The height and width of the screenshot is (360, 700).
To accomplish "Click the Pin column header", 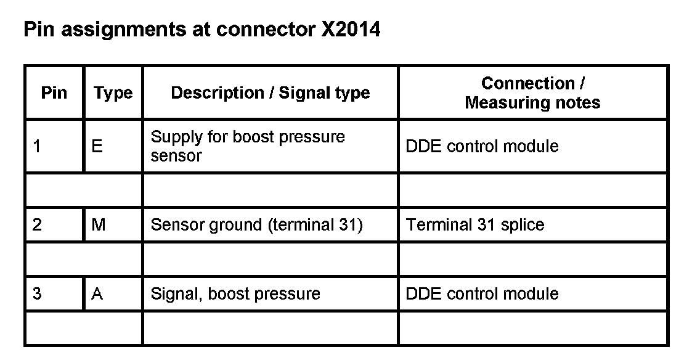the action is click(54, 93).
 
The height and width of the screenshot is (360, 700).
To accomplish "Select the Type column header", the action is click(113, 93).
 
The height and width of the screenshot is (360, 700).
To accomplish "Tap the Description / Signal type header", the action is click(271, 93).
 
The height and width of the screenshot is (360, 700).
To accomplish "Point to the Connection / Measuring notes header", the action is click(532, 93).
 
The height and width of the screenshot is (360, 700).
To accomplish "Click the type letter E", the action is click(97, 146).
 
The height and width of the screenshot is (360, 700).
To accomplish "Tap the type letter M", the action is click(98, 225).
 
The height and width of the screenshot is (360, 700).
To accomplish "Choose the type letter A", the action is click(97, 294).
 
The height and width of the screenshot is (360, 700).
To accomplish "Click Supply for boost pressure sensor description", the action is click(248, 146).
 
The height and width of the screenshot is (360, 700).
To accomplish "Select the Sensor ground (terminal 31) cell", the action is click(256, 225).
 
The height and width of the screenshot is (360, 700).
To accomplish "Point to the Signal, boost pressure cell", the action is click(235, 294).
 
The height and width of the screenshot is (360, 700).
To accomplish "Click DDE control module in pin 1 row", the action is click(482, 146).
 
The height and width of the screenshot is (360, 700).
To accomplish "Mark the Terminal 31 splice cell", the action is click(475, 225).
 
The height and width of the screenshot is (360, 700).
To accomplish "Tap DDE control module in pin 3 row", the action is click(482, 294).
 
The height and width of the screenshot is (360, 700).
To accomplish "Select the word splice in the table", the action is click(522, 225).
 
